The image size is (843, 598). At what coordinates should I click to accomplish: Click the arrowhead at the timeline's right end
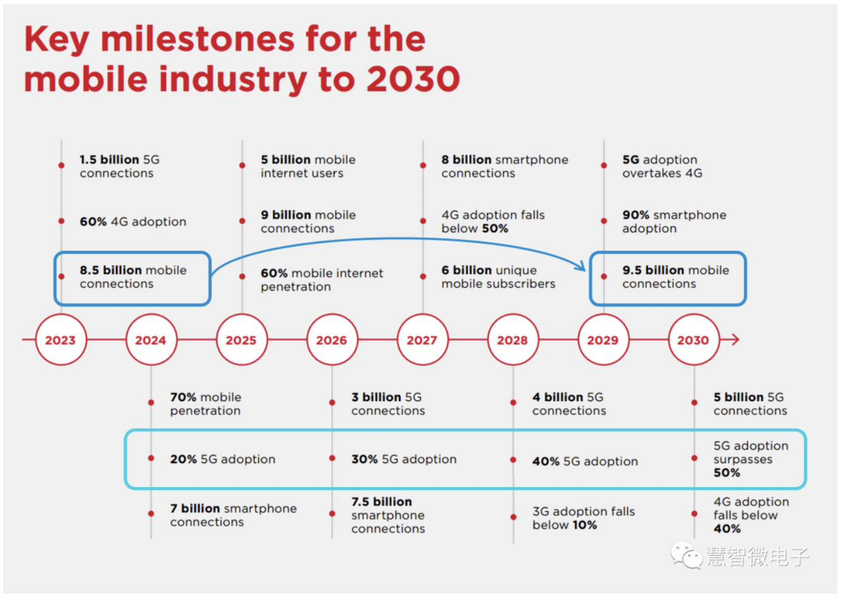click(x=736, y=339)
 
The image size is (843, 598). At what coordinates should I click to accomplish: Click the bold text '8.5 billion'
click(x=110, y=270)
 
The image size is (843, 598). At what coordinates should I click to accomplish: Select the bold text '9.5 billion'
click(x=653, y=270)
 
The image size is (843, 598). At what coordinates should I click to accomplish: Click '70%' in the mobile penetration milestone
click(x=183, y=397)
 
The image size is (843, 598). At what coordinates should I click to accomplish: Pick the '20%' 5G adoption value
click(x=183, y=459)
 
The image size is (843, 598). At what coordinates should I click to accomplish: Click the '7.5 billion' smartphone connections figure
click(x=382, y=501)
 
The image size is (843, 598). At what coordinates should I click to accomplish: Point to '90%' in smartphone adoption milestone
click(x=635, y=215)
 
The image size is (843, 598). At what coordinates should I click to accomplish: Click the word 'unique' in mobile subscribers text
click(x=516, y=271)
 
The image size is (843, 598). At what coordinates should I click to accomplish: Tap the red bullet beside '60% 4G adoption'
click(x=61, y=221)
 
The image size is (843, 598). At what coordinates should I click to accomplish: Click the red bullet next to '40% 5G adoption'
click(x=513, y=460)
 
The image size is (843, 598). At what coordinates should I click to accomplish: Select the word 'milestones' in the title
click(x=198, y=39)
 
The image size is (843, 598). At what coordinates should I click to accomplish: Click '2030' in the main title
click(x=413, y=79)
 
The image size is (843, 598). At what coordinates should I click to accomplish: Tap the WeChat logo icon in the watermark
click(x=686, y=556)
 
